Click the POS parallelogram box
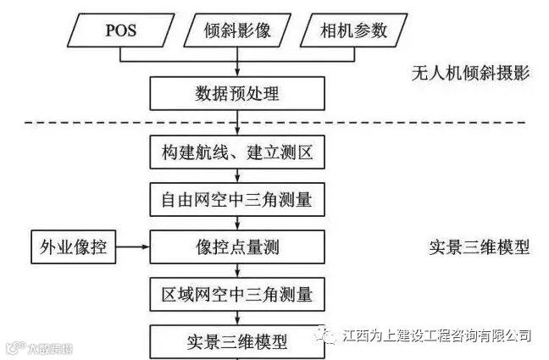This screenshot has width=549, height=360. [x=121, y=31]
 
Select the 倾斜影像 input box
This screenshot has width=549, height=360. [x=236, y=31]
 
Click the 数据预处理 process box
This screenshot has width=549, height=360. [x=237, y=93]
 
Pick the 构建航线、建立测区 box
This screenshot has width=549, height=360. [x=237, y=153]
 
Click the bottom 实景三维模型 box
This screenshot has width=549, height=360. [x=237, y=342]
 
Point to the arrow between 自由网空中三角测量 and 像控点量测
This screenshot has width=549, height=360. [x=237, y=223]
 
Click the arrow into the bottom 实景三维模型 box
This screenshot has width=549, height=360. [x=237, y=318]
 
